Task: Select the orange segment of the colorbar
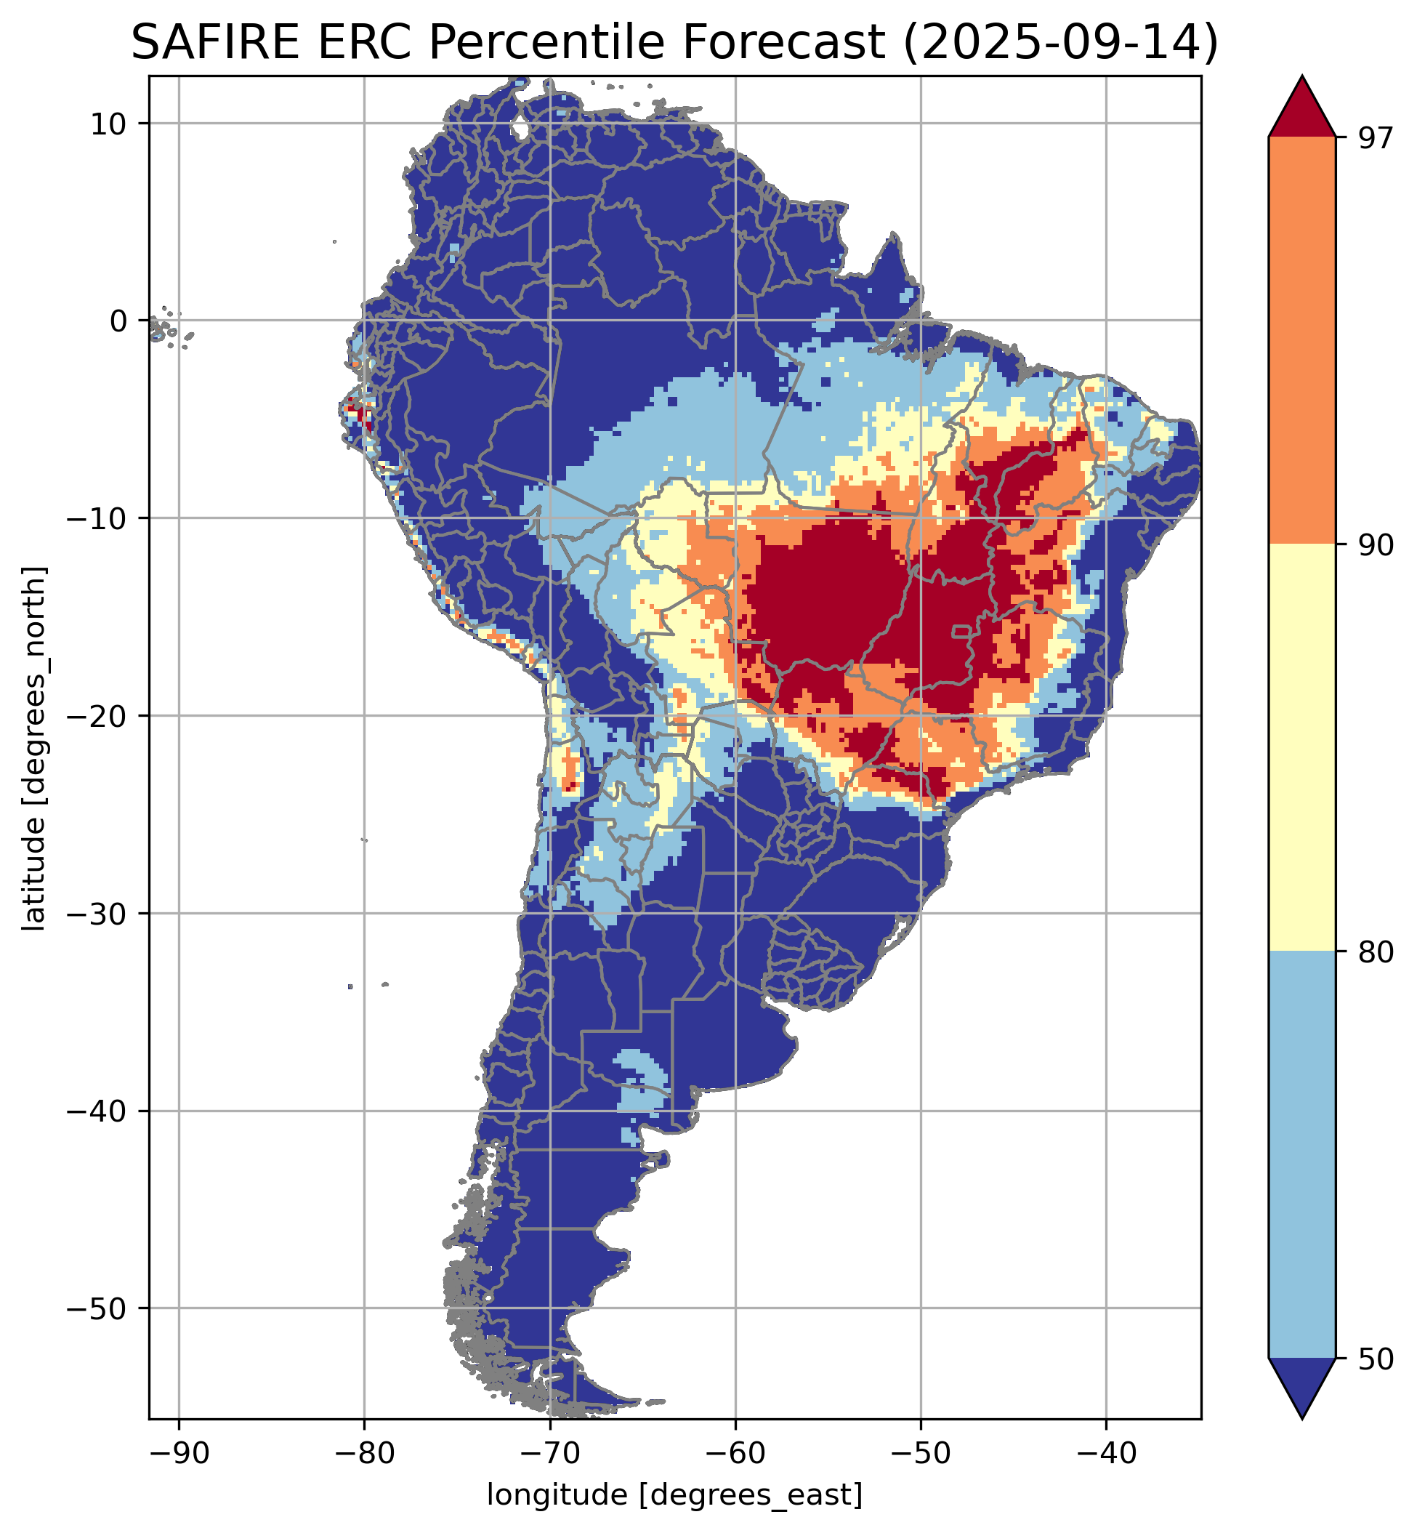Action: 1302,341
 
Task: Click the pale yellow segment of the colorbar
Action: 1302,748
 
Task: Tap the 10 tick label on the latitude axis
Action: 108,124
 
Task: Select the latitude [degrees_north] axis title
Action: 34,749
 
